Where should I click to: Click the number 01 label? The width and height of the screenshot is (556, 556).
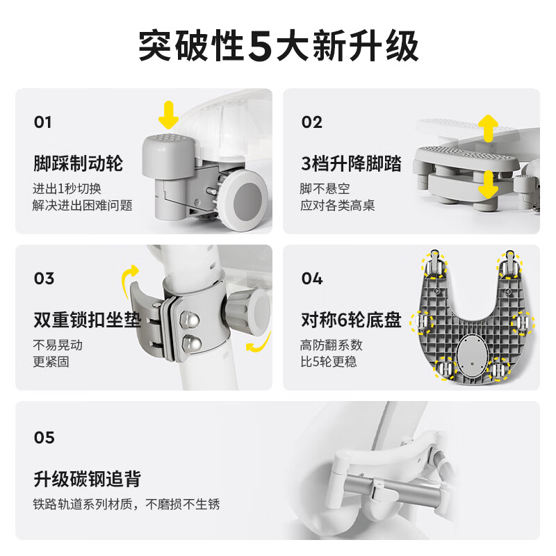tap(43, 122)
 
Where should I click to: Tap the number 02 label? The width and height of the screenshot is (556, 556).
tap(312, 122)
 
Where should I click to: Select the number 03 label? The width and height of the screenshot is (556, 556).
tap(44, 279)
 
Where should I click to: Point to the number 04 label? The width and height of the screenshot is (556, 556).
tap(312, 279)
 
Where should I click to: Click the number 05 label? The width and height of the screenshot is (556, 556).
tap(44, 437)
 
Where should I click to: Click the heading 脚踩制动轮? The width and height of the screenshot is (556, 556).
tap(78, 164)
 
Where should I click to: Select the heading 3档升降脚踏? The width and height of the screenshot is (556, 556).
tap(351, 164)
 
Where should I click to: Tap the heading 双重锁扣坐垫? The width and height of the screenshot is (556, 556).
tap(87, 320)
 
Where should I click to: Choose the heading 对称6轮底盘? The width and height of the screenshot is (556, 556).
tap(351, 320)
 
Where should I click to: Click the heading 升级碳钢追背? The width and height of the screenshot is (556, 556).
tap(87, 479)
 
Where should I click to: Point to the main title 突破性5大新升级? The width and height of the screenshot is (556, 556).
tap(278, 47)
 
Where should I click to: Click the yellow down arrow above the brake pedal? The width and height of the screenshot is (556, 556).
tap(167, 115)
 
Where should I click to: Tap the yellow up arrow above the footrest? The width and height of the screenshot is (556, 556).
tap(489, 127)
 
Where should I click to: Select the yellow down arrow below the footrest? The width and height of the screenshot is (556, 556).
tap(489, 184)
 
